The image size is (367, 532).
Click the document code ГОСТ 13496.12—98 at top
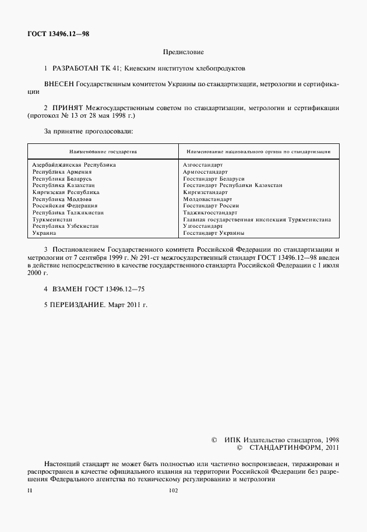coord(58,34)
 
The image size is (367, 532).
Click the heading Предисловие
coord(183,52)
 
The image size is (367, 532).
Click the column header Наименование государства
coord(103,152)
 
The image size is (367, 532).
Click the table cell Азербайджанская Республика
coord(74,165)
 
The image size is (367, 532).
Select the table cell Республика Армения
coord(62,172)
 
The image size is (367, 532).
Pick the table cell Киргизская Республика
coord(66,192)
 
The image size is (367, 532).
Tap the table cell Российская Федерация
coord(65,206)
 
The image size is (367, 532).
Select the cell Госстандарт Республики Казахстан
coord(232,185)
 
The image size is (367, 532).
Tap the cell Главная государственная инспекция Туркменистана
coord(257,220)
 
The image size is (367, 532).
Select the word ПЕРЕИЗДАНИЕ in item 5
coord(79,305)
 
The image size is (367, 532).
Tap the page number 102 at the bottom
coord(172,491)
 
